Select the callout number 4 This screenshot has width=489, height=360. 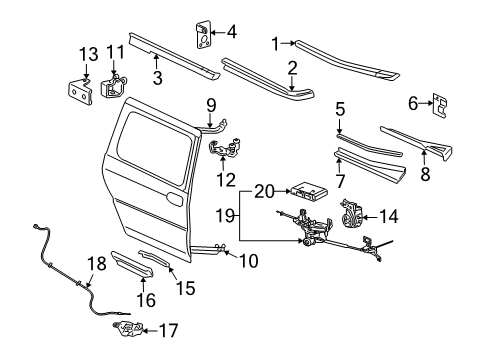point(232,32)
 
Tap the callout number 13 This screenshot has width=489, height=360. point(86,52)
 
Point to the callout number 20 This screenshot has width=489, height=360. point(264,190)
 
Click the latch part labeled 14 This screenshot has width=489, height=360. point(351,213)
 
